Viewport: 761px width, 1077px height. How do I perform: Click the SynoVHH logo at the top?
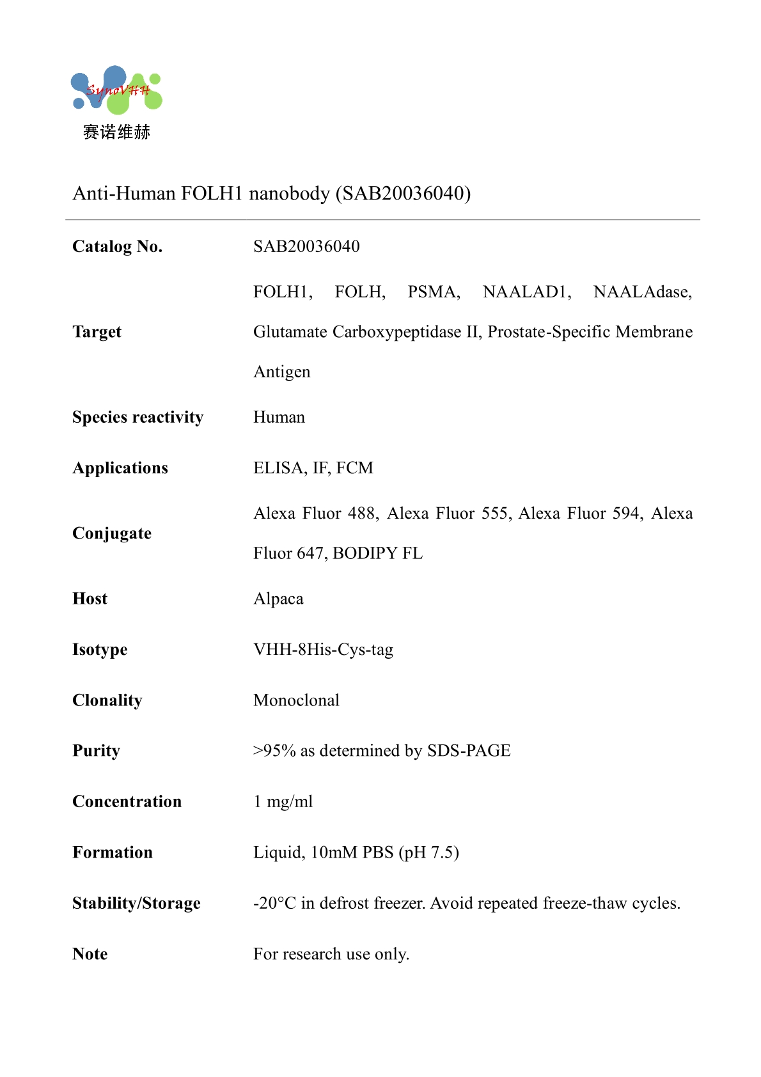(116, 90)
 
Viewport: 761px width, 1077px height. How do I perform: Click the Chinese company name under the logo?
(116, 132)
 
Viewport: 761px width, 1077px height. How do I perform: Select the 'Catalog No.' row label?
(118, 247)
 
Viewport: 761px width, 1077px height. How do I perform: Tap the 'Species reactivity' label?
(137, 418)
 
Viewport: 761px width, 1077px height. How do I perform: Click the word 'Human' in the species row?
(279, 418)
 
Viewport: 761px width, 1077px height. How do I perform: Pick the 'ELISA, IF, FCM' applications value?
(313, 468)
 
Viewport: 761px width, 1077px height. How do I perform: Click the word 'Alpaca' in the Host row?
(278, 599)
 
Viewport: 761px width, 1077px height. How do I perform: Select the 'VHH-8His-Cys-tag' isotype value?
(323, 650)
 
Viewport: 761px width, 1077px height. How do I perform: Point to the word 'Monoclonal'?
(296, 700)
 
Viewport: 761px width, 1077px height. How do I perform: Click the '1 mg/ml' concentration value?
(283, 802)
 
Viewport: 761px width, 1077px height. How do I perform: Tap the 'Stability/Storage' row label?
(136, 903)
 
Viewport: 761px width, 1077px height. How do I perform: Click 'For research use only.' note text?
(331, 954)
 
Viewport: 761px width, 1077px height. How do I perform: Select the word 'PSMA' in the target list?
(434, 292)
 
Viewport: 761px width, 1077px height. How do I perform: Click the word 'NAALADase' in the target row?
(641, 292)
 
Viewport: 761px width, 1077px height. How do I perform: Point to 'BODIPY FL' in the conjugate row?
(377, 553)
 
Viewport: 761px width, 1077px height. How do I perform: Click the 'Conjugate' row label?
(112, 533)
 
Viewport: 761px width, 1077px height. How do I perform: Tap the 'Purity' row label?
(96, 751)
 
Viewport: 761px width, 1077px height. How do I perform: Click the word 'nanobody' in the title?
(289, 193)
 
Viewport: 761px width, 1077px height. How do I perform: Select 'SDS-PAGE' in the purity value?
(469, 751)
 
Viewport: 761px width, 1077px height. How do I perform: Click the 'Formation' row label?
(113, 853)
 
